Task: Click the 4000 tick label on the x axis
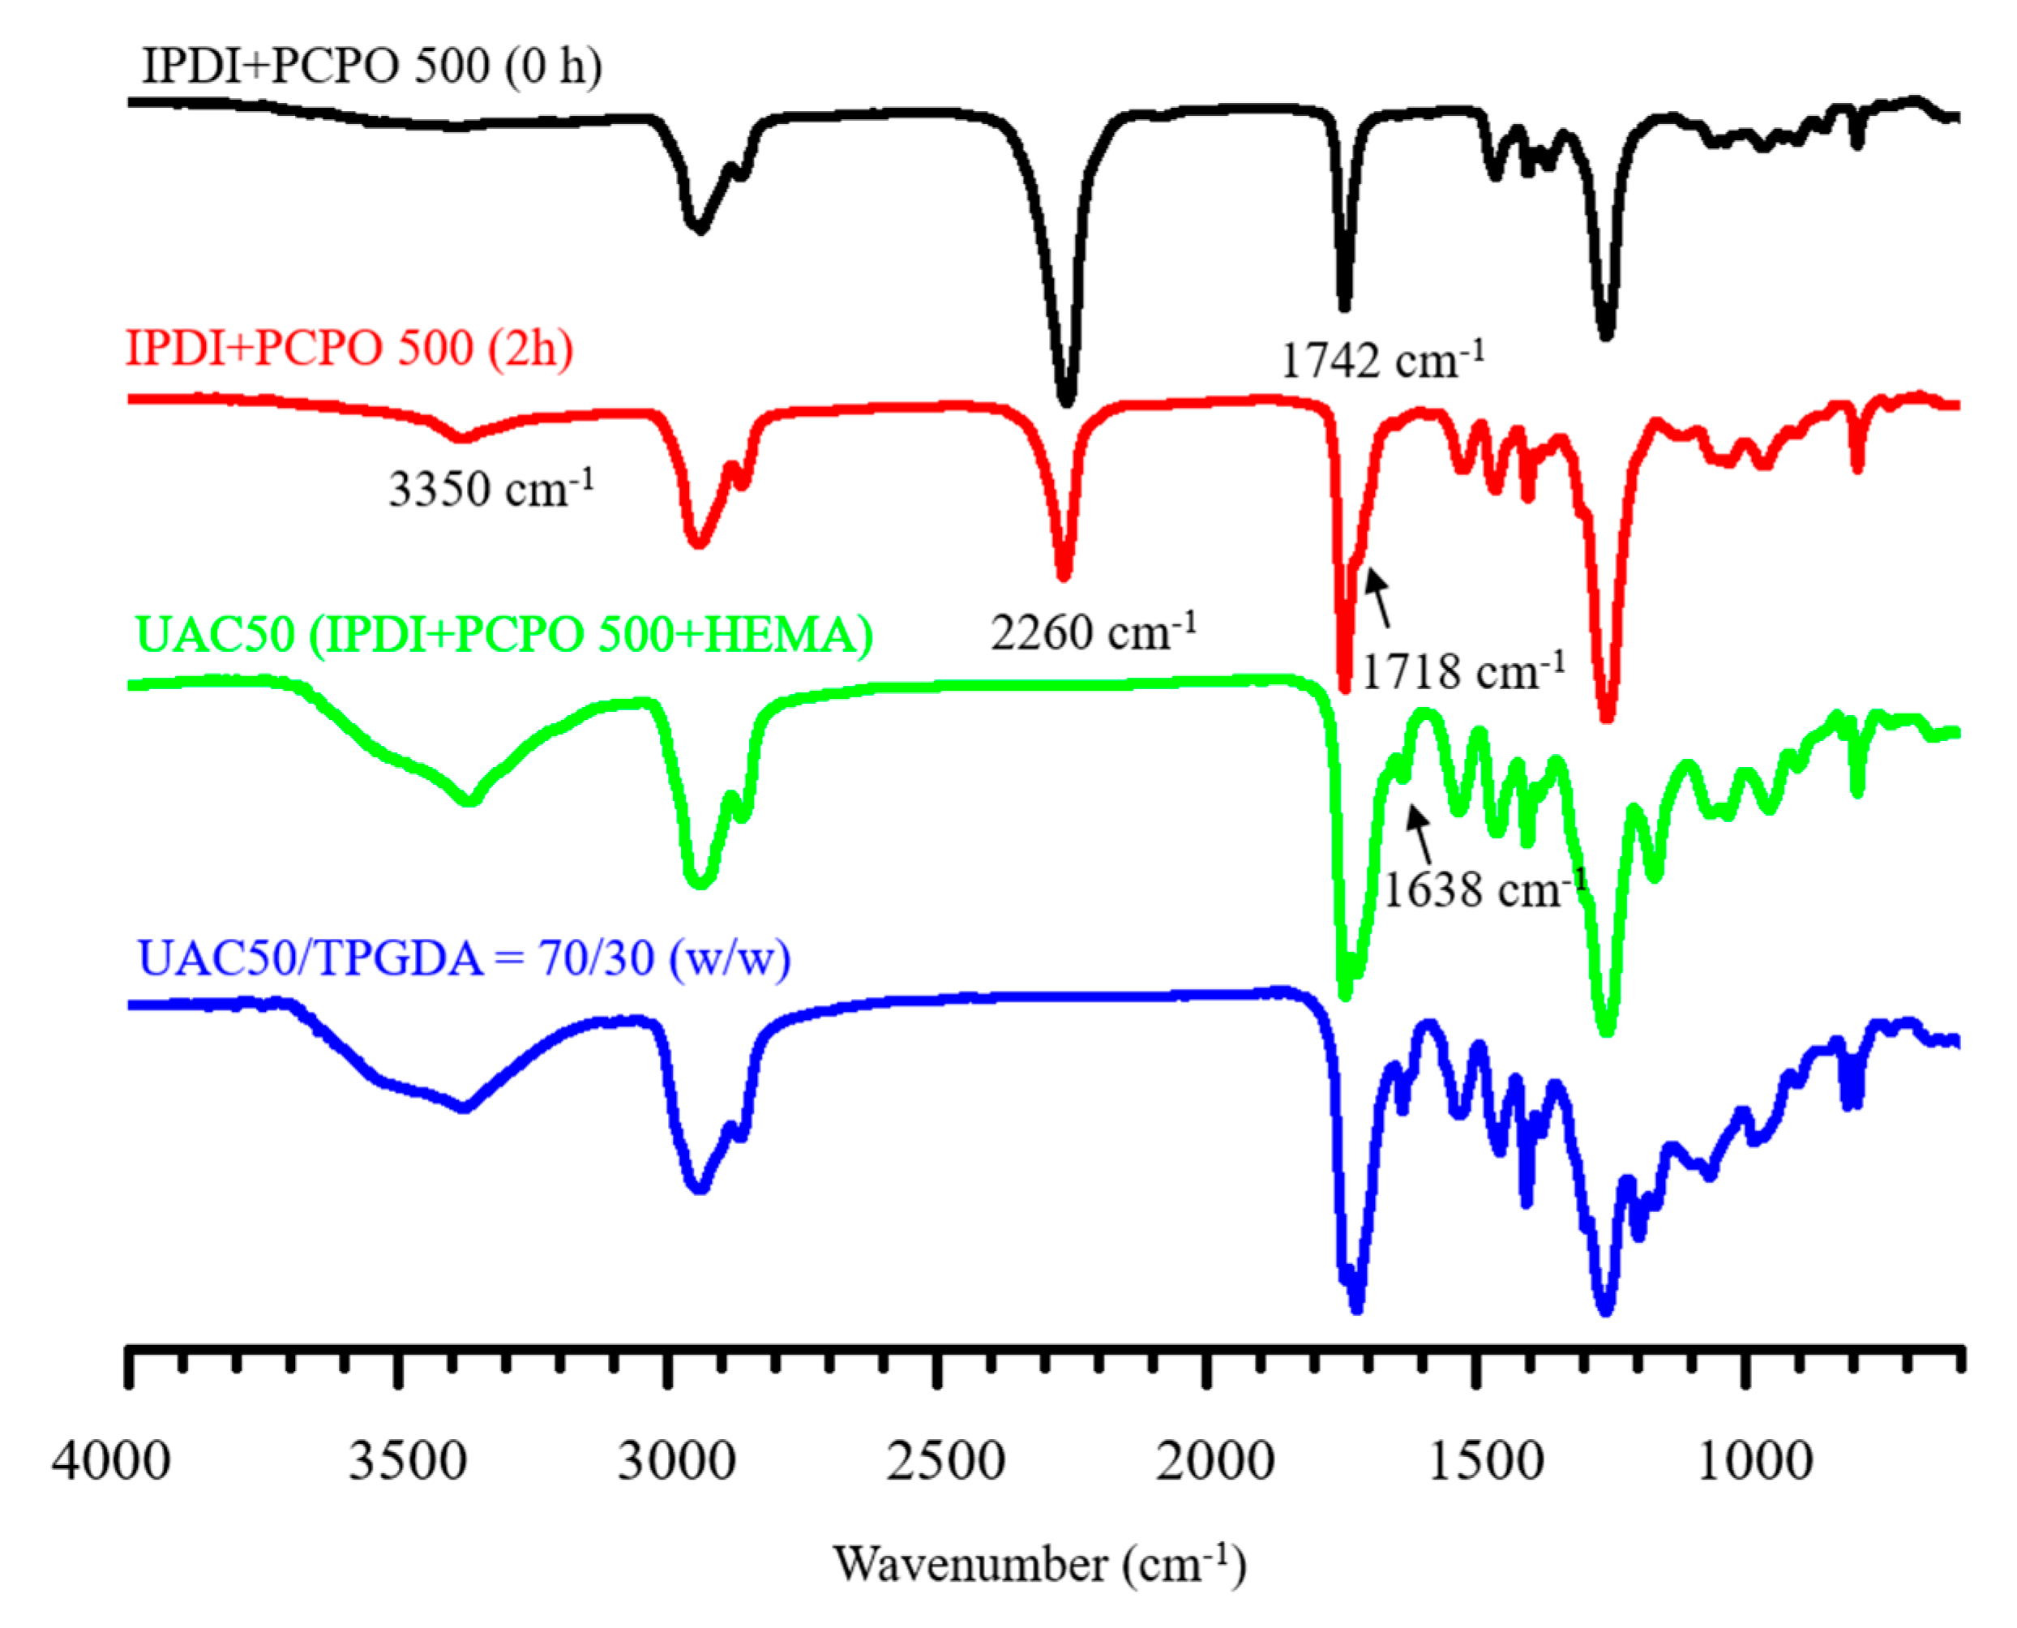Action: [110, 1461]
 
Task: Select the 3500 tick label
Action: [407, 1461]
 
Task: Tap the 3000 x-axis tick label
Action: [676, 1461]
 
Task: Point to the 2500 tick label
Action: [945, 1461]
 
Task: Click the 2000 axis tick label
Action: [1214, 1461]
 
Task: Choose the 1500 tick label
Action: [1485, 1461]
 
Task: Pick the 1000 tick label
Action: [1754, 1461]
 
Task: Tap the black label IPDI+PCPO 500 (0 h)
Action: [371, 66]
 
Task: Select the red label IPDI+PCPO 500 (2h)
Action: [349, 348]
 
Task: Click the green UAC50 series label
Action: [503, 635]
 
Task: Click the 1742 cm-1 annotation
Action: [1382, 359]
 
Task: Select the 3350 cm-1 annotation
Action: [490, 487]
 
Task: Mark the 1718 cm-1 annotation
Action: [1462, 670]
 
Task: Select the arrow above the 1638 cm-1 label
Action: [1420, 834]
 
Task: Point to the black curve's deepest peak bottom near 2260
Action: [1065, 399]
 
